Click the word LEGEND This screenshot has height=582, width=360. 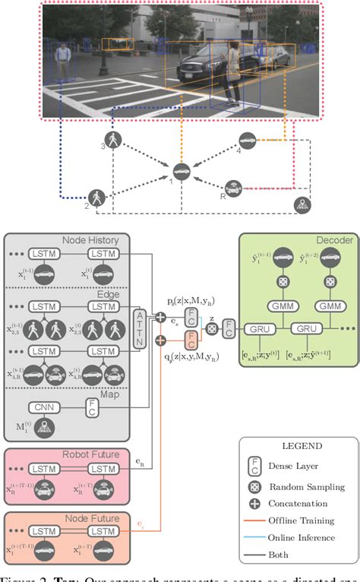pyautogui.click(x=290, y=448)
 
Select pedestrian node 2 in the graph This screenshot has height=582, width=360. pyautogui.click(x=98, y=197)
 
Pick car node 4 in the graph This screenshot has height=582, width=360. pyautogui.click(x=247, y=141)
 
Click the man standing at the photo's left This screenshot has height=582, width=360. pyautogui.click(x=64, y=62)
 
